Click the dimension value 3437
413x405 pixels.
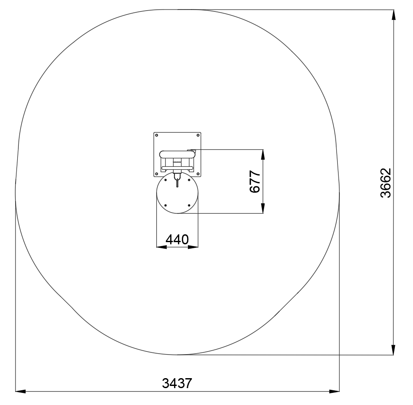pyautogui.click(x=177, y=383)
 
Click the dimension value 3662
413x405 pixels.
pyautogui.click(x=386, y=183)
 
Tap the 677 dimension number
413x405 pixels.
pyautogui.click(x=255, y=181)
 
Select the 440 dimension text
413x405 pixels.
pyautogui.click(x=177, y=240)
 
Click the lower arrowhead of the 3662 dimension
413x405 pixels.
pyautogui.click(x=394, y=350)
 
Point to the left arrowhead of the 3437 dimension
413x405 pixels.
pyautogui.click(x=20, y=391)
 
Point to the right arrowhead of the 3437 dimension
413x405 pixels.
pyautogui.click(x=335, y=391)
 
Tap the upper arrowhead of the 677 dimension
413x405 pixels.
pyautogui.click(x=263, y=155)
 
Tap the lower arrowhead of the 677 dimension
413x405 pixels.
pyautogui.click(x=263, y=208)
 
